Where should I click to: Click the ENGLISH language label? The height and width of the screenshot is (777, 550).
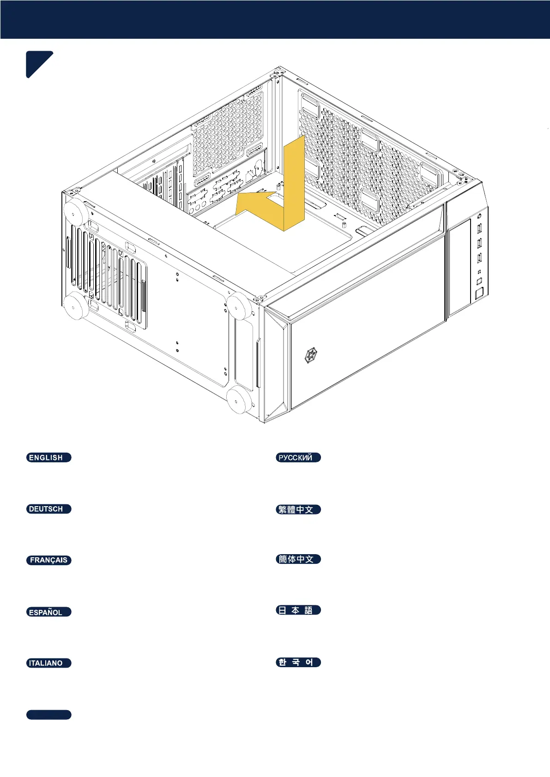click(x=48, y=458)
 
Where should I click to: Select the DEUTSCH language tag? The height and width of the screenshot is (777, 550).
click(x=48, y=509)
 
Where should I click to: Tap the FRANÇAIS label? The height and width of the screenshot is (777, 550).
click(x=48, y=560)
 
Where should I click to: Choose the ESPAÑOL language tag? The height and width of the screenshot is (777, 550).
click(x=48, y=612)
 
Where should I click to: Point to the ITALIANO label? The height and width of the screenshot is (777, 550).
click(x=48, y=663)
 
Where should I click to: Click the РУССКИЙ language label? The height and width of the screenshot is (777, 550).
click(x=298, y=458)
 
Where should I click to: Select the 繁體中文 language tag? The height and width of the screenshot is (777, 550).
click(x=298, y=509)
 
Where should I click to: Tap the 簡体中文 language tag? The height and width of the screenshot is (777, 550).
click(x=298, y=559)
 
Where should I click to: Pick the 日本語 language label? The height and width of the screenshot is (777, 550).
click(x=298, y=610)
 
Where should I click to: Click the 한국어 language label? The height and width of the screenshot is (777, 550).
click(x=298, y=662)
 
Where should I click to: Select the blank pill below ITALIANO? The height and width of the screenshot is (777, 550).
click(x=48, y=715)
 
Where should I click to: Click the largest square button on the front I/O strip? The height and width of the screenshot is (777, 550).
click(x=479, y=293)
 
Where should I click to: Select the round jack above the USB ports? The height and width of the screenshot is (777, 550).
click(x=479, y=215)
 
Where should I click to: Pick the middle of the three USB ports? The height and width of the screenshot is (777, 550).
click(x=479, y=242)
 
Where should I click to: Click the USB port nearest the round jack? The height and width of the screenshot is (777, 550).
click(x=479, y=227)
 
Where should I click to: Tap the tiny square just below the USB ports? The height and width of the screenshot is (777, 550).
click(x=479, y=271)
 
